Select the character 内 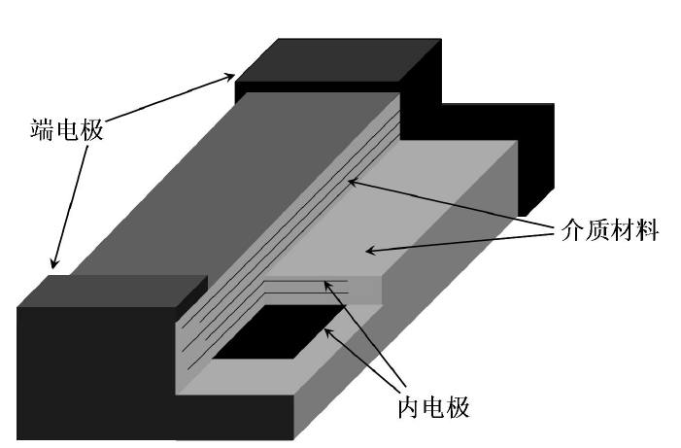(x=410, y=407)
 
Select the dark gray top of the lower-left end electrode (x=107, y=292)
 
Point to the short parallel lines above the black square (x=306, y=284)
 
